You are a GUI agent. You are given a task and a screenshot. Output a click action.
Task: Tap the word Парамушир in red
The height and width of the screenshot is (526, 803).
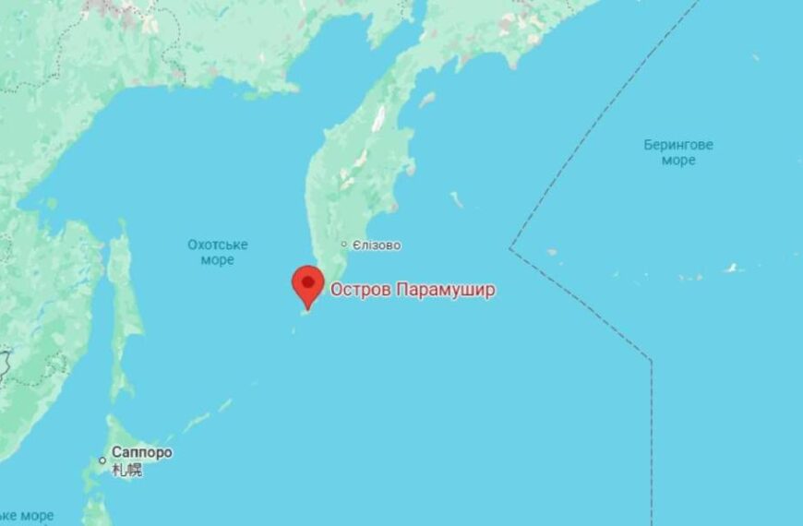tap(446, 290)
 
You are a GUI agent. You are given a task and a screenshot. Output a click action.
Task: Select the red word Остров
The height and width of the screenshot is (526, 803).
tap(361, 290)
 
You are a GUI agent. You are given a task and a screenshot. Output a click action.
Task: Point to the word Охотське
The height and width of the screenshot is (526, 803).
tap(218, 245)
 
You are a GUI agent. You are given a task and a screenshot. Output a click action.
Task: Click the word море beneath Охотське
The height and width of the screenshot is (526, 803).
tap(218, 260)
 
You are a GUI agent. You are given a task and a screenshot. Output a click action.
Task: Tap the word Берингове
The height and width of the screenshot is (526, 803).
tap(678, 145)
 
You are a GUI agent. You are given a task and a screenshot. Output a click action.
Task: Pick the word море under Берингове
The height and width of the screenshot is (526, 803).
tap(678, 161)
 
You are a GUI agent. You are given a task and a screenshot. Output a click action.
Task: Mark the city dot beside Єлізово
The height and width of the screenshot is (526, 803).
tap(344, 245)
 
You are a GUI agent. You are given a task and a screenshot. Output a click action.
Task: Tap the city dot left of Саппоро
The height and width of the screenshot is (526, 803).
tap(103, 460)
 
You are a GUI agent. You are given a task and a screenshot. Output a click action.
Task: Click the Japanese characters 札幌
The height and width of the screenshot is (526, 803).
tap(127, 470)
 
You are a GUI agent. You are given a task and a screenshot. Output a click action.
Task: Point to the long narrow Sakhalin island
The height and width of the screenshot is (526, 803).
tap(121, 305)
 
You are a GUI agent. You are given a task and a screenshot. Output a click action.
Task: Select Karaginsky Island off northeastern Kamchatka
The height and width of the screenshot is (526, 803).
tap(427, 99)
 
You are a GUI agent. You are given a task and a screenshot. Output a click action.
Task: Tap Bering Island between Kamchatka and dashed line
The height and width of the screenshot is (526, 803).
tap(457, 199)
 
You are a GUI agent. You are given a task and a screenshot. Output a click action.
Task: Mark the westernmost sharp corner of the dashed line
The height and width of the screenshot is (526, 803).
tap(510, 248)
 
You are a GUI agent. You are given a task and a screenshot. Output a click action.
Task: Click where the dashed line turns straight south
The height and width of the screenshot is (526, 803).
tap(652, 361)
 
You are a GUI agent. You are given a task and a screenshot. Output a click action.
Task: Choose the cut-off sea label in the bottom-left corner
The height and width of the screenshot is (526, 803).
tap(26, 515)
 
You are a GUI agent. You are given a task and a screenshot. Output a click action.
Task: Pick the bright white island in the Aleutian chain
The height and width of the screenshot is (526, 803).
tap(733, 269)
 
